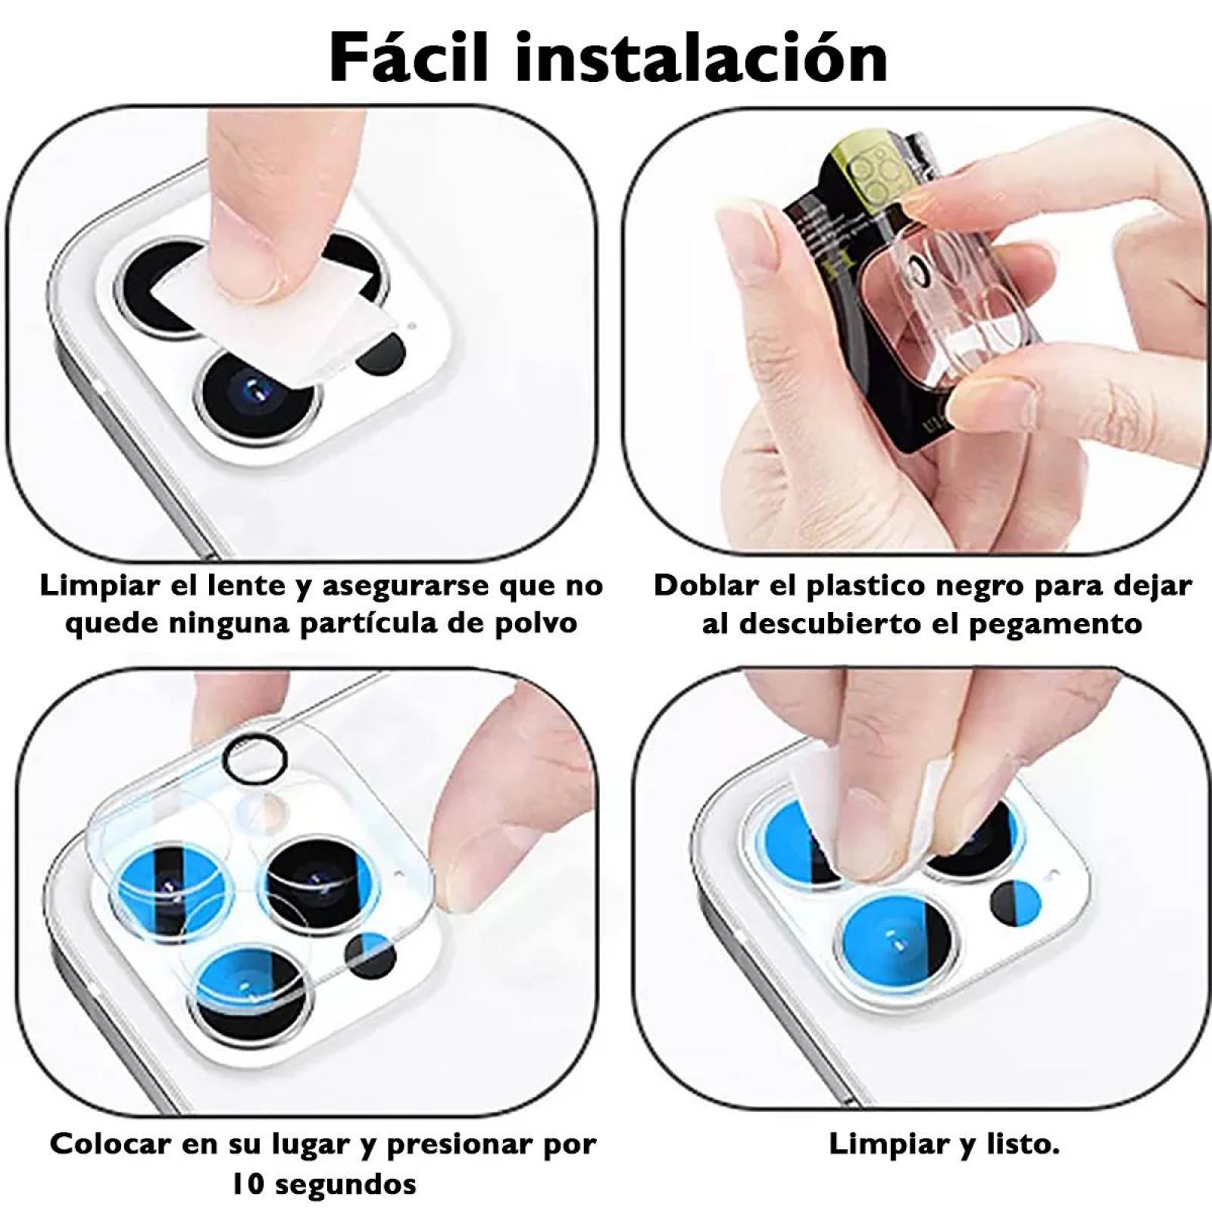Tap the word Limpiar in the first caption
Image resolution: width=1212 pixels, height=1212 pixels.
pyautogui.click(x=90, y=586)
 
